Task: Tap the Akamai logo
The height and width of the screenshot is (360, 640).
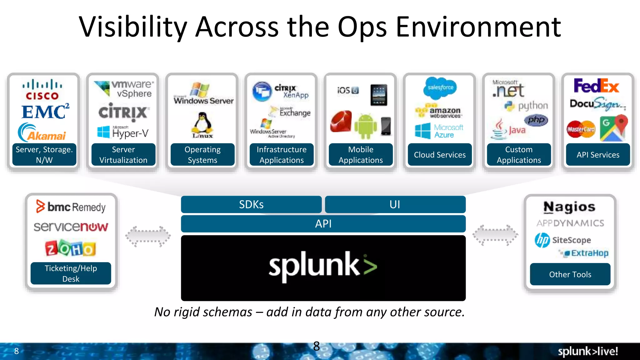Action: tap(42, 133)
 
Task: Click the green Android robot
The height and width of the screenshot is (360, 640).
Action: tap(365, 126)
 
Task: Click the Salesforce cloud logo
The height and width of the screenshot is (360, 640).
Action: tap(440, 87)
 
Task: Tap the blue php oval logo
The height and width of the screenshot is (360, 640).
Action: tap(536, 120)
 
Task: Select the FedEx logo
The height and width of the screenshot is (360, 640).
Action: tap(596, 86)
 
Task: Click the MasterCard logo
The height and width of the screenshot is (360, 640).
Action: tap(581, 129)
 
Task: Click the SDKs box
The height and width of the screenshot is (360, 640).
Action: tap(251, 204)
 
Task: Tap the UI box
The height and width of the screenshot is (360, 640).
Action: tap(395, 204)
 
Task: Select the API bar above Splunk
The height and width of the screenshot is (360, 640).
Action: tap(323, 224)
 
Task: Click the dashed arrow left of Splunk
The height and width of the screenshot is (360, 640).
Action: tap(148, 236)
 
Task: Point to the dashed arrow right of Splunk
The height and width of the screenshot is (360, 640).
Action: tap(495, 235)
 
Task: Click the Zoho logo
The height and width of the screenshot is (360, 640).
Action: tap(70, 248)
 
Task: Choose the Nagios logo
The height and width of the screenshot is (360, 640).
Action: tap(569, 207)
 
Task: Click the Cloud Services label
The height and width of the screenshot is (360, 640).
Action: tap(440, 155)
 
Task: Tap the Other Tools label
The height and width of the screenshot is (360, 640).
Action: tap(570, 274)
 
